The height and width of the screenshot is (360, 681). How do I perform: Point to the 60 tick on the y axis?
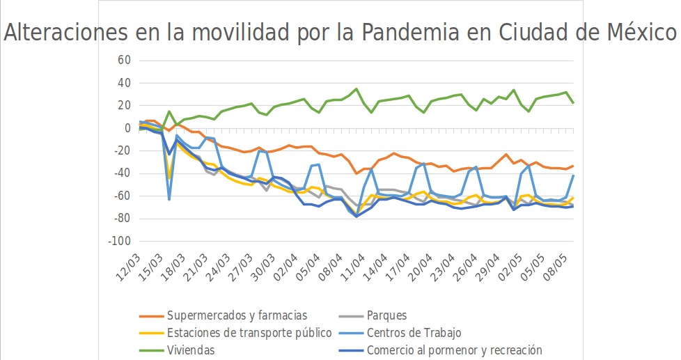[124, 61]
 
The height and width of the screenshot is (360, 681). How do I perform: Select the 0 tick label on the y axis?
[127, 128]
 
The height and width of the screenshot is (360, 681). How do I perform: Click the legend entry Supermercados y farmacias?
[237, 315]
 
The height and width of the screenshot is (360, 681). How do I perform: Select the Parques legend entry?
[386, 315]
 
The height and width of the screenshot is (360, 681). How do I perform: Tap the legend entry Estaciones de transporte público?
[249, 333]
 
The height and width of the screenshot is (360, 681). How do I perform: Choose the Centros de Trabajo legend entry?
[414, 333]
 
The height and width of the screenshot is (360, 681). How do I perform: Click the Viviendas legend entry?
[191, 350]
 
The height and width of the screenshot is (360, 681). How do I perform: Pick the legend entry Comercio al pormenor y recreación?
[454, 350]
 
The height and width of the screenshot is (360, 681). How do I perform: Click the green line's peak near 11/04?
[357, 89]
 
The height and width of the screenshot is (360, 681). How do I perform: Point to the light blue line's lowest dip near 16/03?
[169, 199]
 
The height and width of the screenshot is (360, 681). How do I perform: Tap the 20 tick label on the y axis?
[124, 106]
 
